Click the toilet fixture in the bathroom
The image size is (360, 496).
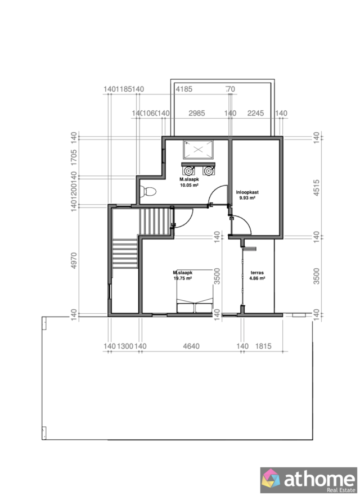click(148, 192)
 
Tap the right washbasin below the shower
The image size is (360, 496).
click(209, 169)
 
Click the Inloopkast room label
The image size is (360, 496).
click(247, 192)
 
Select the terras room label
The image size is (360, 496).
click(258, 272)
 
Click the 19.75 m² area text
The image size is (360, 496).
click(183, 278)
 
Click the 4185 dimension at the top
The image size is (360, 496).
click(184, 89)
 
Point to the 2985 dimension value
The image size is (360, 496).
click(196, 113)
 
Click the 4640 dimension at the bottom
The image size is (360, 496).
click(192, 346)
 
